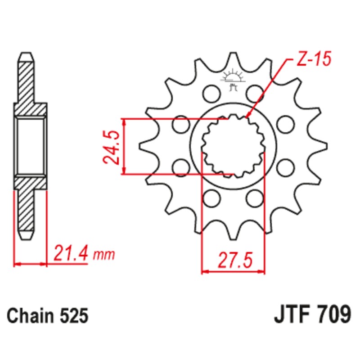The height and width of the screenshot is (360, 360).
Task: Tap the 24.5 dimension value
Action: [112, 147]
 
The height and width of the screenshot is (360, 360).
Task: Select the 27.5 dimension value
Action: [234, 260]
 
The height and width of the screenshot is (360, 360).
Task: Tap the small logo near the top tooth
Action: [233, 76]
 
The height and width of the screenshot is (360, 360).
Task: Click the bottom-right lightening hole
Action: [255, 197]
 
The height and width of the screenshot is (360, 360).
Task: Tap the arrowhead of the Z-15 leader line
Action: [248, 116]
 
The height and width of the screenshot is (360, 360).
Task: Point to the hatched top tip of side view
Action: [26, 76]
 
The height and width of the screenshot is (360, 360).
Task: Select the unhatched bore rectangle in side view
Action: [31, 146]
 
